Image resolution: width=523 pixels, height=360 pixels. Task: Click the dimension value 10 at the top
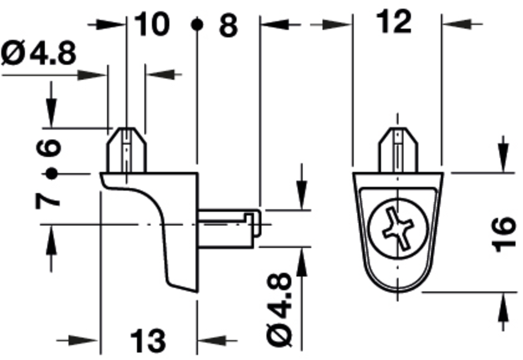[152, 24]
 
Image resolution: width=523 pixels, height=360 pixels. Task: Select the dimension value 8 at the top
[228, 25]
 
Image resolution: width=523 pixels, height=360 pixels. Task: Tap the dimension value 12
[393, 22]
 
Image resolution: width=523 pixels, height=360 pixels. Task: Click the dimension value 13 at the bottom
[148, 341]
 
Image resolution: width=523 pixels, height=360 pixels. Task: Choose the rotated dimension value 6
[49, 148]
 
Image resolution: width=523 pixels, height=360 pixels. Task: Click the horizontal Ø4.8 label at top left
[39, 53]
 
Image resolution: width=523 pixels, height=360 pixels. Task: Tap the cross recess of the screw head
[398, 228]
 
